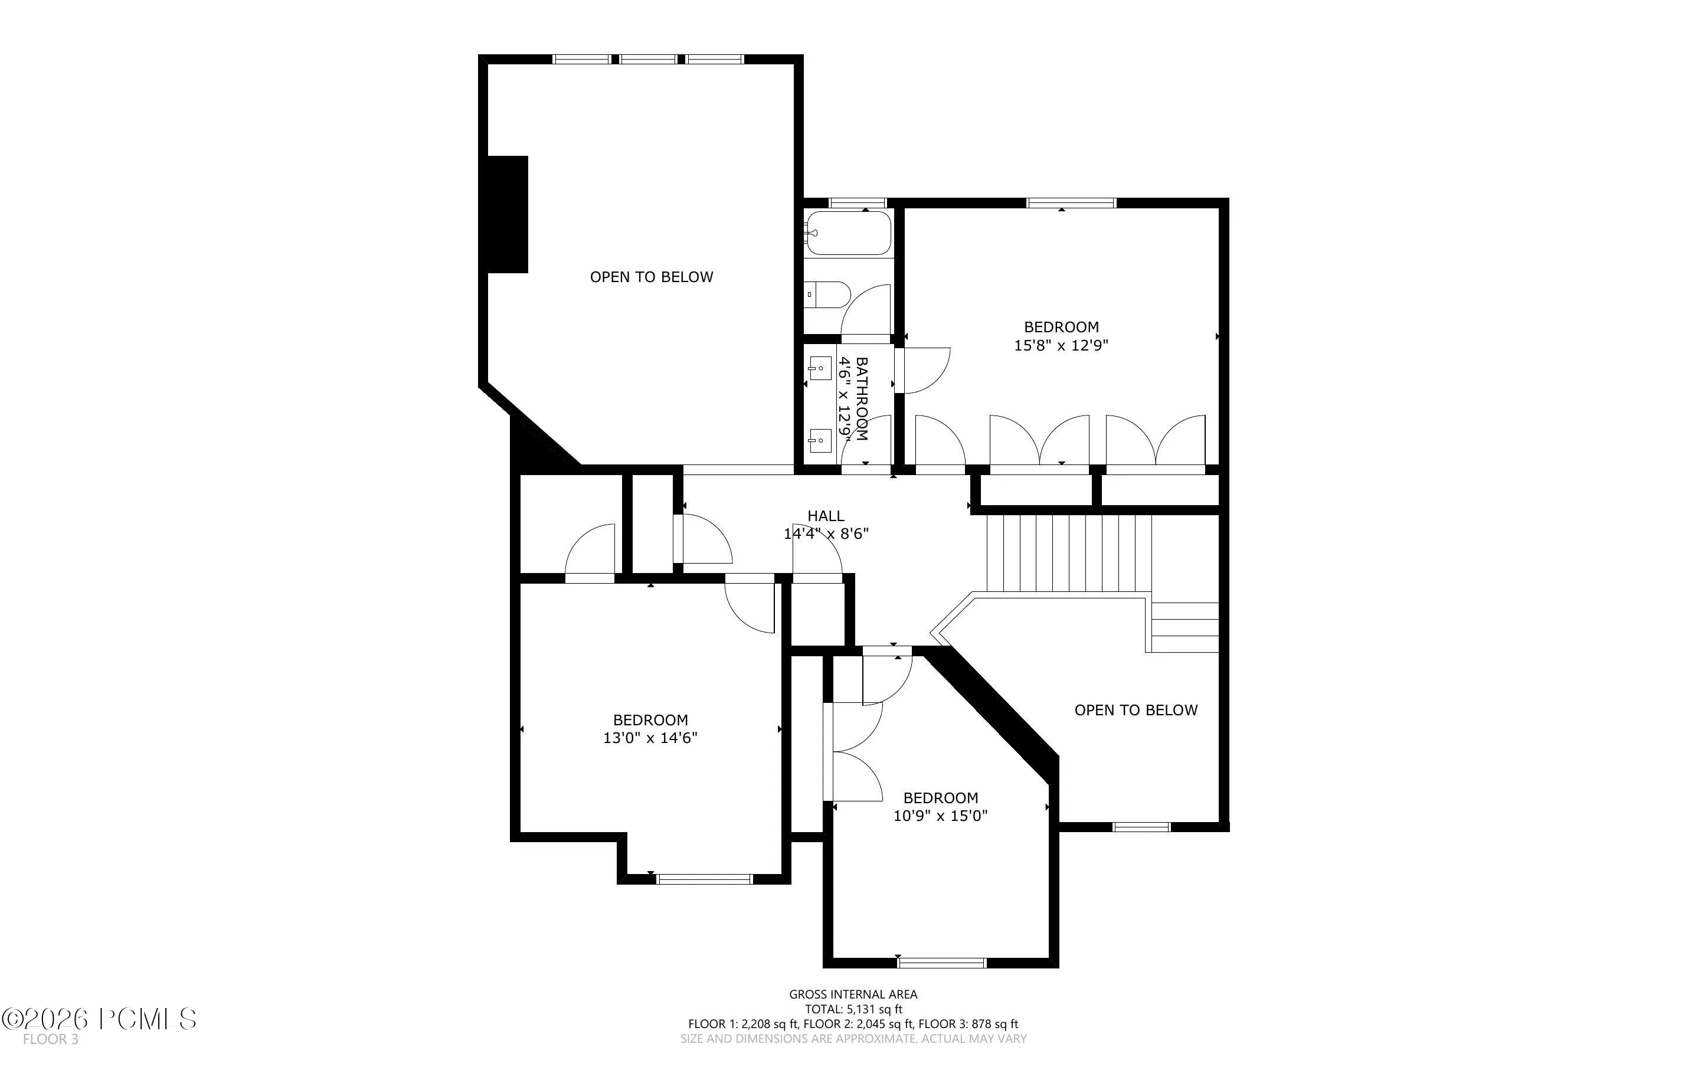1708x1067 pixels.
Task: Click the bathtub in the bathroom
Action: (849, 233)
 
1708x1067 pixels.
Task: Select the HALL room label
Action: (826, 516)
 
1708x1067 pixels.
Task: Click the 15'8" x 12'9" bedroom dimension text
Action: (1061, 345)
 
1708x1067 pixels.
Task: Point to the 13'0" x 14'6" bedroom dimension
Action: (650, 738)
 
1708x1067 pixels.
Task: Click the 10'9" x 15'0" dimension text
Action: (940, 816)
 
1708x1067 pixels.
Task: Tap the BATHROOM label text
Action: (862, 399)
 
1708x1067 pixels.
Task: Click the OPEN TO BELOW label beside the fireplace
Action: (651, 277)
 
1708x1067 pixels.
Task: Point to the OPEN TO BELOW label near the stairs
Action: (1136, 710)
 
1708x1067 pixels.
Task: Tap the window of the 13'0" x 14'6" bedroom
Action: (705, 879)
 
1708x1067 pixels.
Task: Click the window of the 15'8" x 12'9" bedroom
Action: (1072, 202)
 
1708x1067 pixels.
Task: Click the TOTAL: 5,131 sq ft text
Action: (853, 1009)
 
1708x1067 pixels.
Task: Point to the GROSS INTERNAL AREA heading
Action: (853, 994)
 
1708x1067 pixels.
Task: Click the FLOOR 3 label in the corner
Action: (50, 1039)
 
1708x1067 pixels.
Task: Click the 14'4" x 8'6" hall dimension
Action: (826, 534)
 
